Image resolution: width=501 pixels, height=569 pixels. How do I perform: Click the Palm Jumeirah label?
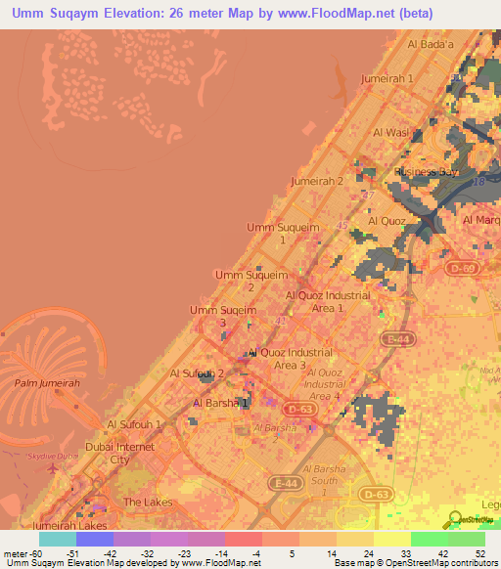pos(47,383)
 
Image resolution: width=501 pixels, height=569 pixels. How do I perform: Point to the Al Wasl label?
pos(390,132)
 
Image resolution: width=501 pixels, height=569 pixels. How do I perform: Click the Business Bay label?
pos(426,172)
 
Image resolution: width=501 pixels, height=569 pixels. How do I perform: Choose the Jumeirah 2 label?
pos(317,182)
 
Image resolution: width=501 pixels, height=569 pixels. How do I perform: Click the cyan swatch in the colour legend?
pos(57,538)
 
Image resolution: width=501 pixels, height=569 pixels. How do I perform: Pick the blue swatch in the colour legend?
pos(94,538)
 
